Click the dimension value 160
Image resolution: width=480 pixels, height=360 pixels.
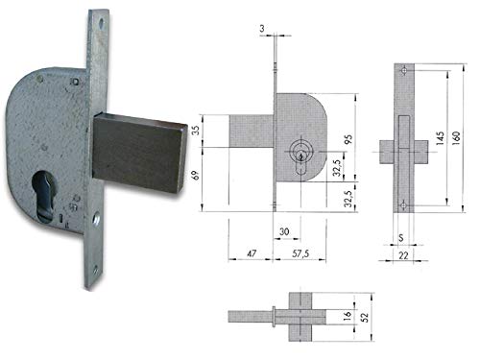(456, 138)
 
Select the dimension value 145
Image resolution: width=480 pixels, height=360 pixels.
(440, 138)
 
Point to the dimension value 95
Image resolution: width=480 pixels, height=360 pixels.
(348, 139)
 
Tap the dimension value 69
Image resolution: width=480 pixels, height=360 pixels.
(195, 175)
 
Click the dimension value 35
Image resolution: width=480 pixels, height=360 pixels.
(195, 130)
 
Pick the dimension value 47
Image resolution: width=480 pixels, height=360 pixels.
(252, 253)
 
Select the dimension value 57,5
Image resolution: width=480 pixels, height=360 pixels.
(300, 253)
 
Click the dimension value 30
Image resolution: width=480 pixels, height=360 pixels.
(284, 231)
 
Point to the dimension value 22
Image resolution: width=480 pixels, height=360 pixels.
(403, 255)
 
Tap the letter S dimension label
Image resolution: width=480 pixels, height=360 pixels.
(400, 238)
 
